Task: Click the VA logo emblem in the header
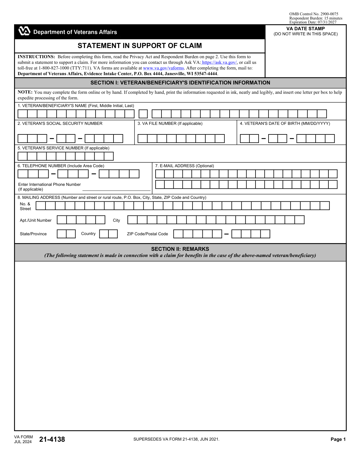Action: [x=24, y=31]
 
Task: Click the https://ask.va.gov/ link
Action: [x=219, y=62]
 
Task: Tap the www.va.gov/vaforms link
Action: [x=163, y=68]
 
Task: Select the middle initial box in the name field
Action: [x=143, y=114]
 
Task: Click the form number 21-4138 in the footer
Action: [x=52, y=439]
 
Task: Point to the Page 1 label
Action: [x=338, y=439]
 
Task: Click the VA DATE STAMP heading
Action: [x=306, y=29]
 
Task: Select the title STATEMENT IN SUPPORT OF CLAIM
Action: [x=140, y=46]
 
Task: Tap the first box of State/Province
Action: [x=62, y=234]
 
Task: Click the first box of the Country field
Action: [x=104, y=234]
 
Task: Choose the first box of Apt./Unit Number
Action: [x=62, y=220]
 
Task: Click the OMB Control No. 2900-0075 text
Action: [x=313, y=14]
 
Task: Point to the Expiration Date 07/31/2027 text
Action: [x=313, y=22]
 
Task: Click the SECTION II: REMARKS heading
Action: [x=180, y=249]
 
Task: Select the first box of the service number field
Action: [x=23, y=156]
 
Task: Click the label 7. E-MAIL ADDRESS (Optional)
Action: [x=184, y=166]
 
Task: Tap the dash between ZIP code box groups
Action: [x=226, y=234]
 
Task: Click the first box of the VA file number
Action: [x=142, y=138]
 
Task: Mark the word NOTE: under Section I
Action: [x=25, y=92]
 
